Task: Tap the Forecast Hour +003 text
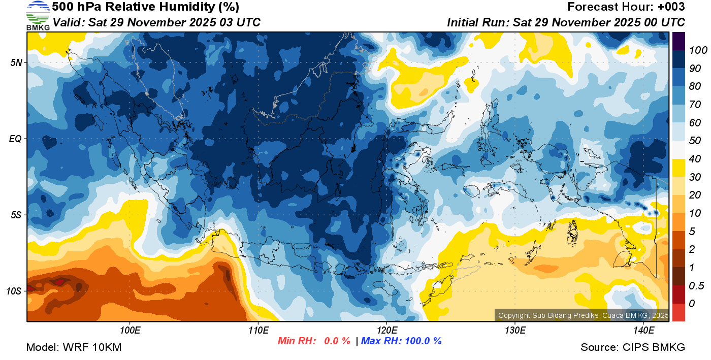point(626,7)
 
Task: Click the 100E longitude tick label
point(130,331)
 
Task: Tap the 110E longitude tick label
point(258,331)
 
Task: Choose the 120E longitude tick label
point(386,331)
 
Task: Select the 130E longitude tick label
point(515,331)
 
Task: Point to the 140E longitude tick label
point(643,331)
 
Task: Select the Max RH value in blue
point(401,341)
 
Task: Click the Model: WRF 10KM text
point(74,348)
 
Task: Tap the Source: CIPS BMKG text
point(633,348)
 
